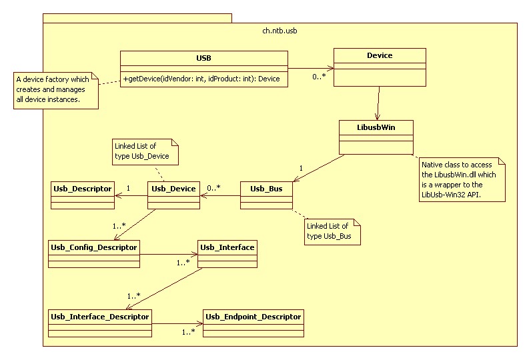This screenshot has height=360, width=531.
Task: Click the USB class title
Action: pos(204,58)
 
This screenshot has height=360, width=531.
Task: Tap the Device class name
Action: pos(380,55)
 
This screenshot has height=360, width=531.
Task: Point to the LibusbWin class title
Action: pos(376,127)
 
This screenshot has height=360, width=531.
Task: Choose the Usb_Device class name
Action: pos(173,189)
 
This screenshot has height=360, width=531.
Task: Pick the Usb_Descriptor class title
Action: pos(82,189)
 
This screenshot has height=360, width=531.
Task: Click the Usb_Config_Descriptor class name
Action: pos(94,247)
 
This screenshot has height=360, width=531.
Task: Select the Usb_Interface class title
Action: pos(227,247)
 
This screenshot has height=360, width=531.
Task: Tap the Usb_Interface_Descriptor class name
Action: pos(100,315)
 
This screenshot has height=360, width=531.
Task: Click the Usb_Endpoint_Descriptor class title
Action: pos(253,315)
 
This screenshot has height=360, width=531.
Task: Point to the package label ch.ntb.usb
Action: pos(280,31)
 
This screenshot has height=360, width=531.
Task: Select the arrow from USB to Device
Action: pos(310,67)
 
